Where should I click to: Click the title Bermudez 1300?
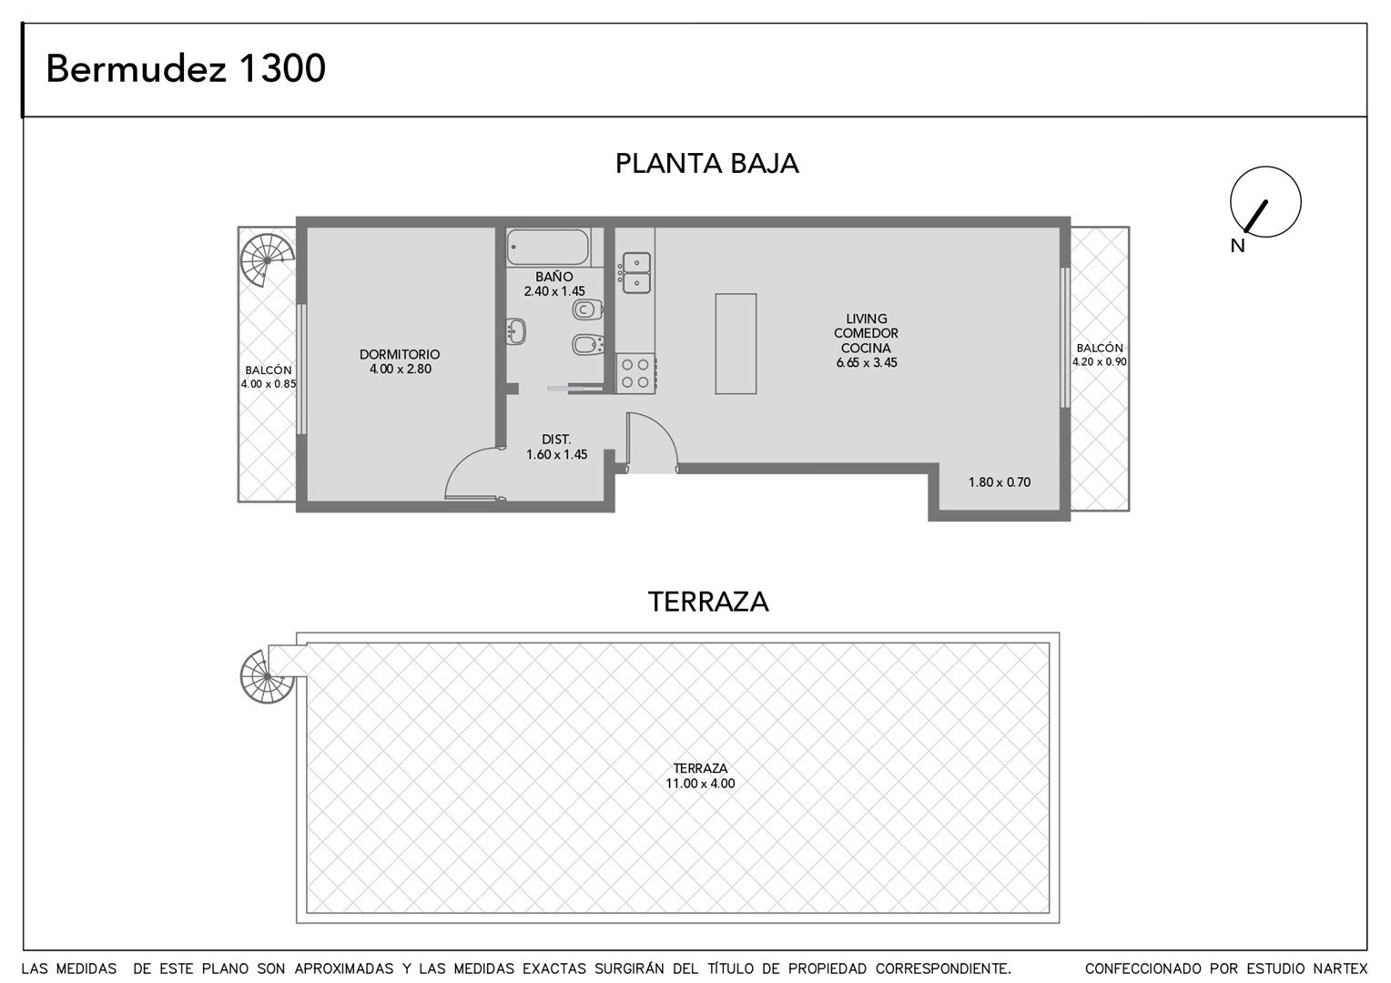pyautogui.click(x=186, y=68)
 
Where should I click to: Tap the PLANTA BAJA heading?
pyautogui.click(x=706, y=164)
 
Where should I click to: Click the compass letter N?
pyautogui.click(x=1238, y=247)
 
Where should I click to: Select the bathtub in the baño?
pyautogui.click(x=548, y=248)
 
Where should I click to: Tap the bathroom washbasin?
pyautogui.click(x=515, y=331)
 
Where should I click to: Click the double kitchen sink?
pyautogui.click(x=636, y=273)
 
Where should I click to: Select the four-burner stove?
pyautogui.click(x=636, y=373)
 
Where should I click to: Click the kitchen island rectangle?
pyautogui.click(x=736, y=344)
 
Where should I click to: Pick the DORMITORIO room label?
pyautogui.click(x=400, y=355)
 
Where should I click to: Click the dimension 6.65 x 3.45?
pyautogui.click(x=867, y=362)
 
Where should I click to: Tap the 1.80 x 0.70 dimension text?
pyautogui.click(x=1000, y=481)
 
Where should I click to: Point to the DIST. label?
pyautogui.click(x=556, y=440)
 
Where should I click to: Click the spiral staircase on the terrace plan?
pyautogui.click(x=267, y=676)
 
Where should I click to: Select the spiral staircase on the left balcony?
pyautogui.click(x=268, y=260)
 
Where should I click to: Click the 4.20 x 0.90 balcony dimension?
pyautogui.click(x=1099, y=361)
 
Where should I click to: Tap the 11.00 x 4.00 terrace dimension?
pyautogui.click(x=700, y=784)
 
